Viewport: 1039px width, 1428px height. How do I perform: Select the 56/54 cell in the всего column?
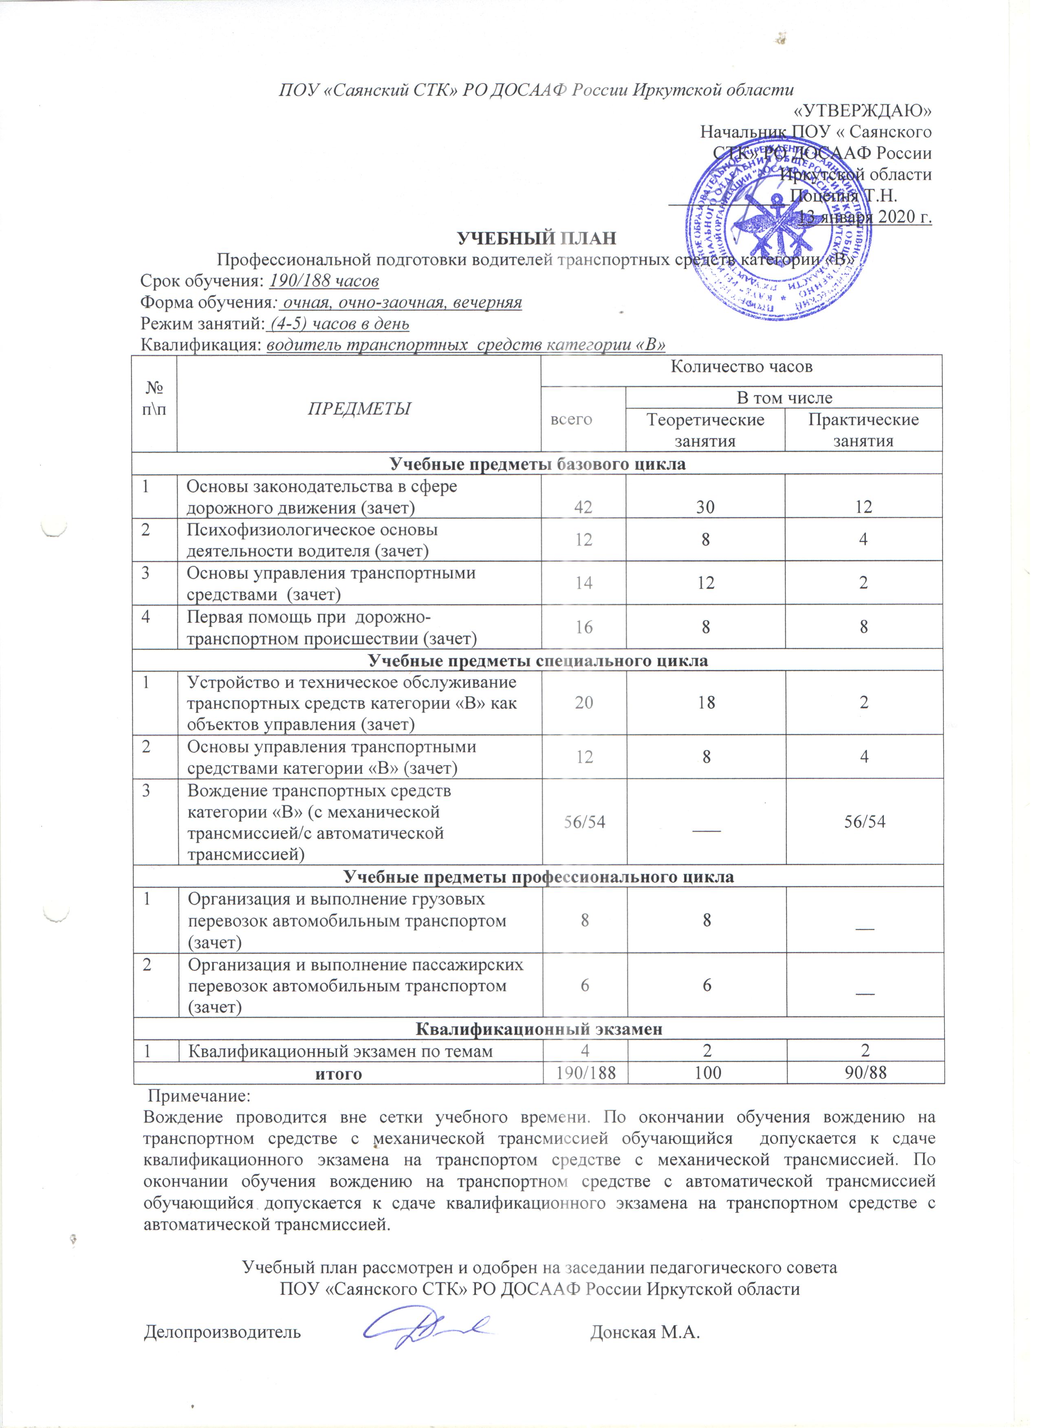(x=584, y=822)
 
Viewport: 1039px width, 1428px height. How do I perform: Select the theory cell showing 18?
(x=707, y=703)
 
